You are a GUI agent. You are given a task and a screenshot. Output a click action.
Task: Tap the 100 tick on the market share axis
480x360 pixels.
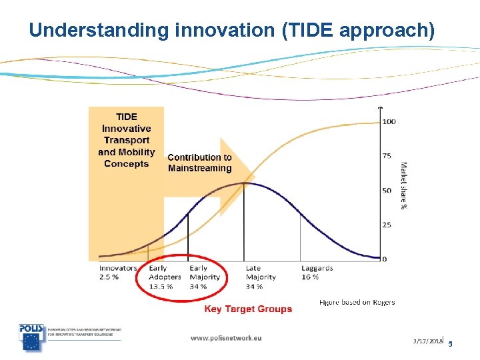pos(389,121)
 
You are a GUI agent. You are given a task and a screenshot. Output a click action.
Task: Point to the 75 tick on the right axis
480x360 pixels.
pos(387,156)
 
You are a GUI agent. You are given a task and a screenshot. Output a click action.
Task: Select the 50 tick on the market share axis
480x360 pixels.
pos(387,191)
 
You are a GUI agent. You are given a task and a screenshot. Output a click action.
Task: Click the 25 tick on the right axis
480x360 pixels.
pos(387,225)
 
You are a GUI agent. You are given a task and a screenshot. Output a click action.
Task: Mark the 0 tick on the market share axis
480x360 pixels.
pos(385,259)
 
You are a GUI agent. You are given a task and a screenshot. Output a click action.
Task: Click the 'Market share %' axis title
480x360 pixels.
pos(404,186)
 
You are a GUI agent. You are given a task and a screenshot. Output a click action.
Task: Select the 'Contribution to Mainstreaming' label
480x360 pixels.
pos(199,163)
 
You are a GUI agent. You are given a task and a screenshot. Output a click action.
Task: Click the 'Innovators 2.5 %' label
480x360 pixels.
pos(117,273)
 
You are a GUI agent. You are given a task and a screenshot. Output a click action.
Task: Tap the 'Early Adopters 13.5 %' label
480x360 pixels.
pos(164,277)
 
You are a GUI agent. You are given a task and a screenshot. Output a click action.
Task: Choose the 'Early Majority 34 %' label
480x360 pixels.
pos(205,277)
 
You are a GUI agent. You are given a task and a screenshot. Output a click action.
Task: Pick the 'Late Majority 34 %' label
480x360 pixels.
pos(261,277)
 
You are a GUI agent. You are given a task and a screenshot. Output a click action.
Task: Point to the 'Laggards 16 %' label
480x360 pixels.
pos(317,273)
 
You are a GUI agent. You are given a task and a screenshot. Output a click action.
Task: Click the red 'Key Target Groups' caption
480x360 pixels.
pos(248,309)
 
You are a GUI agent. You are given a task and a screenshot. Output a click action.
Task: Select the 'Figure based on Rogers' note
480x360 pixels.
pos(357,303)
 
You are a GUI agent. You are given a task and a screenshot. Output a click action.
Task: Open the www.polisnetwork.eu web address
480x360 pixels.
pos(225,338)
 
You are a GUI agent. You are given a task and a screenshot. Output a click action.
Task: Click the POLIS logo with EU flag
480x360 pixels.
pos(32,337)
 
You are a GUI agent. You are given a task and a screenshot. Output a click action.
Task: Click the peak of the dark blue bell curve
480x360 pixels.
pos(245,183)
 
